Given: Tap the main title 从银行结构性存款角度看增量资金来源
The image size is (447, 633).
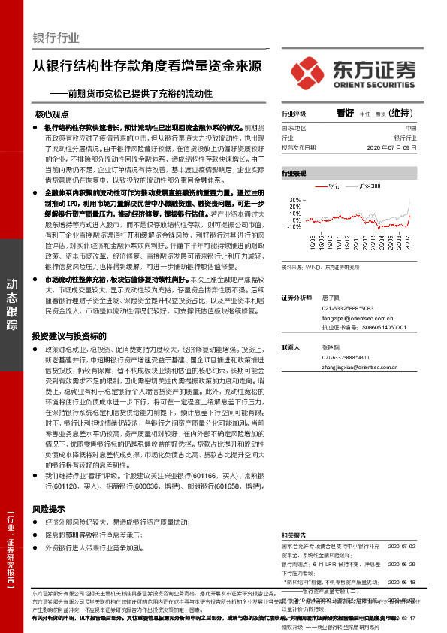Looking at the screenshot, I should (147, 65).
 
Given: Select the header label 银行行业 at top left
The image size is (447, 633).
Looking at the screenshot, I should (56, 38).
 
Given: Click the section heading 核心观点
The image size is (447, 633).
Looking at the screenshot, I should (52, 115).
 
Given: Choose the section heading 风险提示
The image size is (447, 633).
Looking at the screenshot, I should (49, 509).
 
